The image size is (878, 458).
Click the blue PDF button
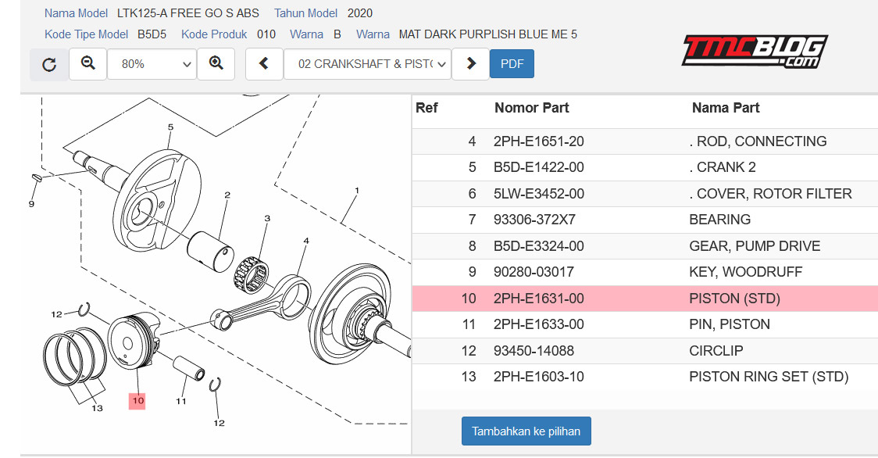point(512,64)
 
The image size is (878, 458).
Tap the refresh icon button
point(49,64)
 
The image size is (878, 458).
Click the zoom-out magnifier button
point(88,64)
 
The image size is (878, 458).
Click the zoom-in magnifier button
point(216,64)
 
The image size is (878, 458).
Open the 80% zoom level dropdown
point(152,64)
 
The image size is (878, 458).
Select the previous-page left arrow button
point(264,64)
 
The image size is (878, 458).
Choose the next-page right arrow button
point(471,64)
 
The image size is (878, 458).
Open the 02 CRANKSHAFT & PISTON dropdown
point(367,64)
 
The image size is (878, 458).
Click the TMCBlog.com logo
point(755,52)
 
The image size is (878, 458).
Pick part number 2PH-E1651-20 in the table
point(539,141)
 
